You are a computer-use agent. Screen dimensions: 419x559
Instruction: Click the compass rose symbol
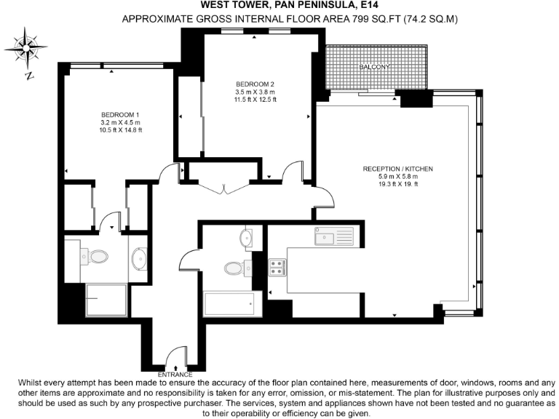point(28,49)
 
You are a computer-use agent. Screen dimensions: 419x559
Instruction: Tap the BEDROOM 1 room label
point(119,114)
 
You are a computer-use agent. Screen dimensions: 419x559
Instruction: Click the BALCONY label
point(375,68)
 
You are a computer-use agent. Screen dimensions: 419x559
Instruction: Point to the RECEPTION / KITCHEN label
point(397,169)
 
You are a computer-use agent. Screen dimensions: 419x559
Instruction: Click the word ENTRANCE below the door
point(175,374)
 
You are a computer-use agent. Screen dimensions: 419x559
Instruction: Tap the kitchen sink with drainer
point(333,236)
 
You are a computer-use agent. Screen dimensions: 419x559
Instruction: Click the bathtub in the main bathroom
point(229,303)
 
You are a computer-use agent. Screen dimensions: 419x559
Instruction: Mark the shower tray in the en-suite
point(108,300)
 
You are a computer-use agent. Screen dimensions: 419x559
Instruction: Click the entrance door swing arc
point(175,360)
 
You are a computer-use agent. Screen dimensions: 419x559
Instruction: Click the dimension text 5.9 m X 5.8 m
point(397,177)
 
